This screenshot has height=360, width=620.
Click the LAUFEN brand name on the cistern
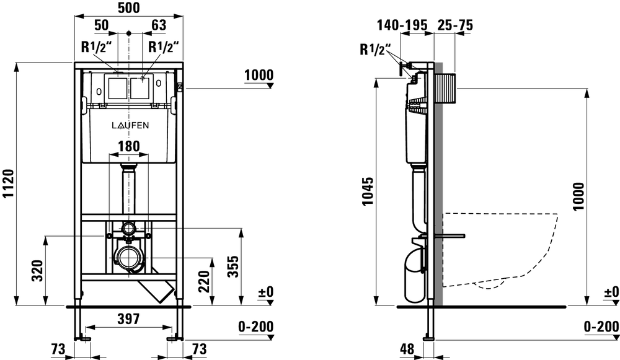tap(130, 125)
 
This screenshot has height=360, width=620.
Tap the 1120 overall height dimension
tap(8, 184)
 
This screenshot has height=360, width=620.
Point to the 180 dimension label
tap(129, 146)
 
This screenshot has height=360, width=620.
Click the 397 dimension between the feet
tap(129, 318)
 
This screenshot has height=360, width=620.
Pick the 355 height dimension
tap(234, 266)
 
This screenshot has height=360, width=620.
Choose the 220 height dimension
tap(204, 281)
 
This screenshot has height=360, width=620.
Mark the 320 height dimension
tap(38, 270)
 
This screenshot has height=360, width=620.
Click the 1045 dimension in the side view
tap(368, 191)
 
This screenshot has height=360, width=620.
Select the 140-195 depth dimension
tap(402, 25)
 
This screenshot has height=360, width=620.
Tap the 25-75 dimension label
tap(455, 25)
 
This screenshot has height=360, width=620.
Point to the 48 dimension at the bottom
tap(407, 349)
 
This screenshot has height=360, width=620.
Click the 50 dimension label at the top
tap(101, 25)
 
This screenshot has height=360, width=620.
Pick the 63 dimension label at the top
tap(159, 25)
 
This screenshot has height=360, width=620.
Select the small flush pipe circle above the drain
tap(128, 229)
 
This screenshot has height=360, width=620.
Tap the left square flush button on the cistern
tap(117, 87)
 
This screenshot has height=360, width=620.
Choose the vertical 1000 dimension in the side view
tap(578, 196)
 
